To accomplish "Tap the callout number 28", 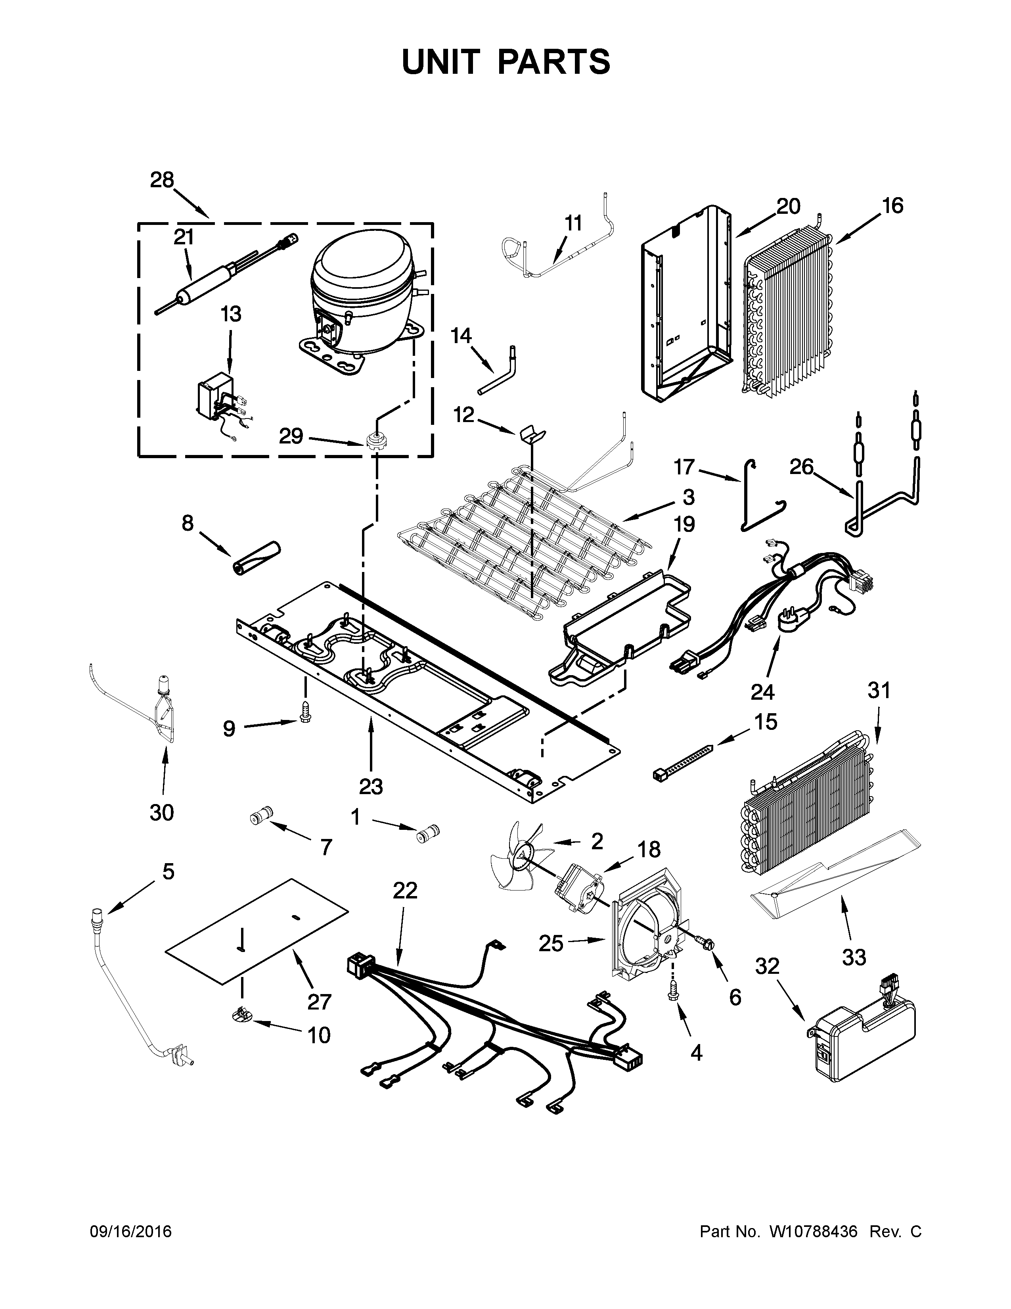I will click(x=162, y=180).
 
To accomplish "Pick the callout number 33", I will click(x=854, y=957).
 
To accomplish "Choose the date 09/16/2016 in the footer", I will click(x=130, y=1248).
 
